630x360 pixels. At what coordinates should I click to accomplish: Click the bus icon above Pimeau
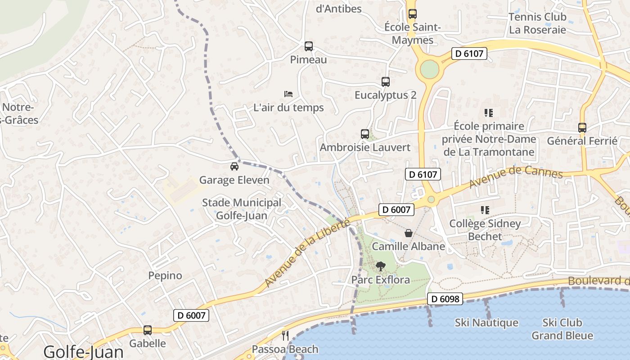[x=308, y=46]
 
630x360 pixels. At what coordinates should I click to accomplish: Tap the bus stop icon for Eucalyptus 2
[x=385, y=82]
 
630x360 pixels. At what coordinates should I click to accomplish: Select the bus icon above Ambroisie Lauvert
[x=364, y=134]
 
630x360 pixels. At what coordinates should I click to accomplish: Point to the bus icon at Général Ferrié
[x=582, y=128]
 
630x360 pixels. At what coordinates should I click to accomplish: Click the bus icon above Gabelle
[x=148, y=330]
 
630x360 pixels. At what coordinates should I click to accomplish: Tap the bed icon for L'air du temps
[x=288, y=94]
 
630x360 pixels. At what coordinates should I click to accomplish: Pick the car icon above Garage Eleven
[x=234, y=166]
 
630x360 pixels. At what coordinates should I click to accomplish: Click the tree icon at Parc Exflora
[x=380, y=266]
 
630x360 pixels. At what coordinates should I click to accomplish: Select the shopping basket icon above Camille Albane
[x=408, y=233]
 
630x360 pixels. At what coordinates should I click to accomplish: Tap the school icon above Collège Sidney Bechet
[x=485, y=210]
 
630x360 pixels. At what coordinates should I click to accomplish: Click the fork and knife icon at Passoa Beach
[x=285, y=335]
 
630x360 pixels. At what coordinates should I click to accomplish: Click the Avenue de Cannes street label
[x=516, y=177]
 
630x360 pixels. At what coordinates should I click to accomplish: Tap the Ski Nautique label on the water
[x=486, y=323]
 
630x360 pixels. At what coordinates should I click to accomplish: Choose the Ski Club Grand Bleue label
[x=562, y=329]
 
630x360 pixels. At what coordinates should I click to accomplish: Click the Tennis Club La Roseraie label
[x=537, y=23]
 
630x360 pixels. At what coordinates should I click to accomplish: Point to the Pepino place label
[x=165, y=275]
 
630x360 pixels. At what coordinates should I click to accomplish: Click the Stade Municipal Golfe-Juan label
[x=242, y=209]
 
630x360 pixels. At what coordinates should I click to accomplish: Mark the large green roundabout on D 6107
[x=429, y=69]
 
